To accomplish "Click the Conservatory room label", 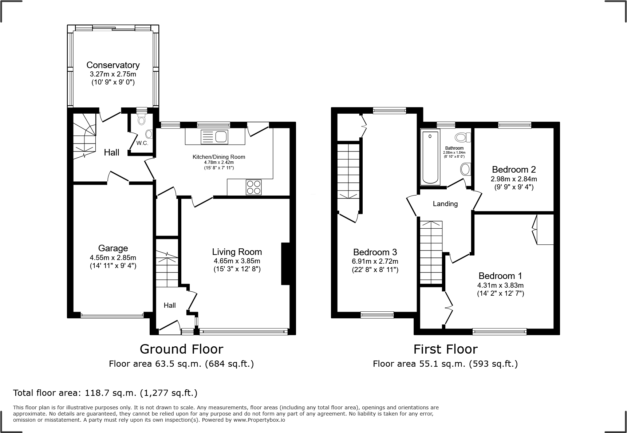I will (113, 65).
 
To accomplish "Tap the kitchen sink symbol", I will (215, 137).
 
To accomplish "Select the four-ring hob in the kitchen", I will (253, 187).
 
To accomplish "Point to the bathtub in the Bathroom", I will (430, 157).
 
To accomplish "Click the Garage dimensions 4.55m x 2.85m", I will (113, 257).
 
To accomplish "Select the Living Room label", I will (237, 252).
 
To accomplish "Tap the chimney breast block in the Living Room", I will (285, 263).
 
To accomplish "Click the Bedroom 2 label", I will (513, 169).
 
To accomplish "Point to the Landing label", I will (445, 204).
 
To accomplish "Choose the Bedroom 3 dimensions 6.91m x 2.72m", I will (375, 261).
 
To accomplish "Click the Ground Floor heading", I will (181, 349).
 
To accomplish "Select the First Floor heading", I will (445, 349).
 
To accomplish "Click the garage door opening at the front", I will (112, 315).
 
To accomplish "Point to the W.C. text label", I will (142, 143).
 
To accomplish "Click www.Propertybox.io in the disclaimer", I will (259, 420).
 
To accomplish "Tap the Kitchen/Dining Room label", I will (218, 157).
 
